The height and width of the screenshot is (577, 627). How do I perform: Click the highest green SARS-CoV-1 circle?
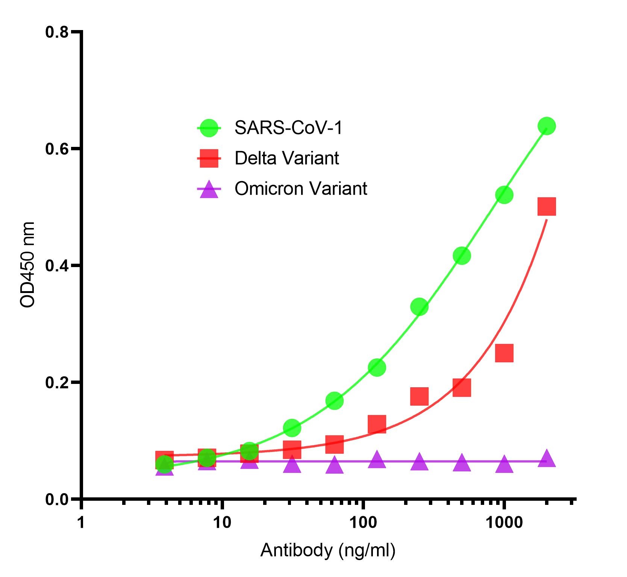pyautogui.click(x=547, y=126)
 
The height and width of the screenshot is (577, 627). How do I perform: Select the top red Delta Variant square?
pyautogui.click(x=547, y=206)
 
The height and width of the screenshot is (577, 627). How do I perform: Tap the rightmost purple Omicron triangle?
pyautogui.click(x=547, y=459)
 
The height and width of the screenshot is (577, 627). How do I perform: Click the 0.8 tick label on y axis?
pyautogui.click(x=57, y=32)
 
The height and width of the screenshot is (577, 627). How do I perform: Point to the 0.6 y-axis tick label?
pyautogui.click(x=57, y=149)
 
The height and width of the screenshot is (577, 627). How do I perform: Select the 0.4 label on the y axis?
pyautogui.click(x=57, y=266)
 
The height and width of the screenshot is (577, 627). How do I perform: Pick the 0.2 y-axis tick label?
pyautogui.click(x=57, y=383)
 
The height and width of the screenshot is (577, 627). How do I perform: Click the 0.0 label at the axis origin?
pyautogui.click(x=57, y=500)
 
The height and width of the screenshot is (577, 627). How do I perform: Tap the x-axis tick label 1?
pyautogui.click(x=81, y=523)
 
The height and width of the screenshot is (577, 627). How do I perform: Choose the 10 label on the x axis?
pyautogui.click(x=222, y=523)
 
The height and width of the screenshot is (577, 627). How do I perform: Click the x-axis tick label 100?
pyautogui.click(x=363, y=523)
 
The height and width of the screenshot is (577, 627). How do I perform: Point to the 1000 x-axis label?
pyautogui.click(x=504, y=523)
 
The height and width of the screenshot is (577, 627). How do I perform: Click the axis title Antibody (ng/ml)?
pyautogui.click(x=327, y=550)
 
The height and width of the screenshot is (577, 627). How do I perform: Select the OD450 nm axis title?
pyautogui.click(x=27, y=265)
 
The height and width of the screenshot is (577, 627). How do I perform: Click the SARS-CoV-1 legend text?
pyautogui.click(x=289, y=128)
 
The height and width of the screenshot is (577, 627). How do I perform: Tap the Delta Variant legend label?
pyautogui.click(x=287, y=158)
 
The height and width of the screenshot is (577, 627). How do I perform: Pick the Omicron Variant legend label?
pyautogui.click(x=301, y=189)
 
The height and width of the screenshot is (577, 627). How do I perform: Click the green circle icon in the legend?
pyautogui.click(x=209, y=128)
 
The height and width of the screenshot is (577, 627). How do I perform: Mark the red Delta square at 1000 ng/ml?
pyautogui.click(x=504, y=353)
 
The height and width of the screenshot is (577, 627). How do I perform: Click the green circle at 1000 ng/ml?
pyautogui.click(x=504, y=195)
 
